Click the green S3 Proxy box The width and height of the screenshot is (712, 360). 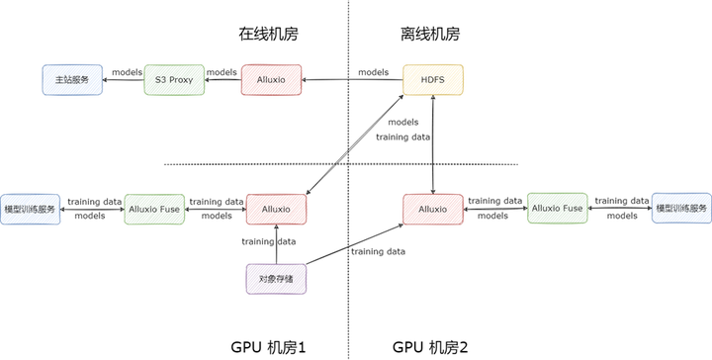click(174, 79)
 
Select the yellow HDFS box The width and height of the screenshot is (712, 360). click(432, 79)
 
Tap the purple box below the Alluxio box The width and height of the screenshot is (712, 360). click(276, 280)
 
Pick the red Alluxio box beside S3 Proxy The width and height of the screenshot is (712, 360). click(272, 79)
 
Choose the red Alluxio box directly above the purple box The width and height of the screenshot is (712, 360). click(276, 209)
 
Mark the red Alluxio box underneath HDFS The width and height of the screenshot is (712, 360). click(432, 209)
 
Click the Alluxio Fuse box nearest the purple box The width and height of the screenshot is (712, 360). click(154, 209)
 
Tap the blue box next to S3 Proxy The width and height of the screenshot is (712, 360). click(72, 79)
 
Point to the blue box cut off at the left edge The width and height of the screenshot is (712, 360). click(30, 209)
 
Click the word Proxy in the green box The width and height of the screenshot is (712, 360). click(181, 79)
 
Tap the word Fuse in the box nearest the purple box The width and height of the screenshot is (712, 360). click(170, 209)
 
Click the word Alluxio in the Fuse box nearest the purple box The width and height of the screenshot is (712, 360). click(145, 209)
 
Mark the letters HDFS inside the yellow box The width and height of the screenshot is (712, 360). click(432, 79)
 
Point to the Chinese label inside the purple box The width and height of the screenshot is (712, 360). click(276, 280)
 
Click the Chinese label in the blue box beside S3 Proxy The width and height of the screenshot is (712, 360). click(72, 79)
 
